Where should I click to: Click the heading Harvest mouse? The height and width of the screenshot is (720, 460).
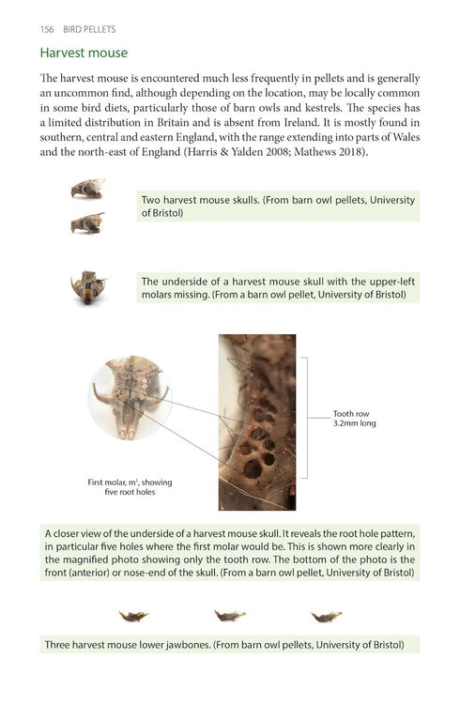84,54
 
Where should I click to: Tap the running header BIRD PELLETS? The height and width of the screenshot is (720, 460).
89,29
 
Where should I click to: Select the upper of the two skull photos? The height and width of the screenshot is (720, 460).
86,189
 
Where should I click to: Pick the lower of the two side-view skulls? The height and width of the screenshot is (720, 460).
86,223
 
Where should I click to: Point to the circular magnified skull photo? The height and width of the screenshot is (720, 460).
130,399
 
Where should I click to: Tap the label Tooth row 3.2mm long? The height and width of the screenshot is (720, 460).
354,418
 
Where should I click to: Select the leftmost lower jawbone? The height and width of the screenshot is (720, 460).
132,616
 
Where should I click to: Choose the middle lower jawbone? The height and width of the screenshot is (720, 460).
229,616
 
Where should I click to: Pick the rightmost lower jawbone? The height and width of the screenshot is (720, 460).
326,616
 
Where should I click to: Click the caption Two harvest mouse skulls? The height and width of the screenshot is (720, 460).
277,206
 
